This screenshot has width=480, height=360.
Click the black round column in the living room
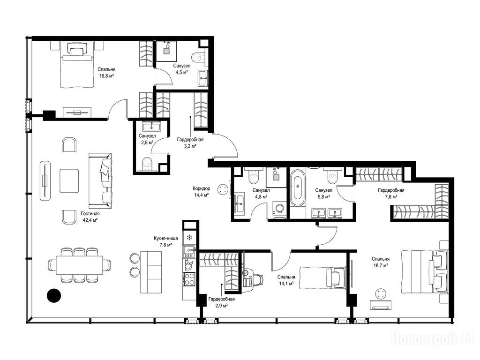coord(54,296)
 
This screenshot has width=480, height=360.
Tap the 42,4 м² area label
coord(90,220)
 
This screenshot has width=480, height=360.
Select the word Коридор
coord(202,188)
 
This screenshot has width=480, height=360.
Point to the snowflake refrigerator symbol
coord(189,237)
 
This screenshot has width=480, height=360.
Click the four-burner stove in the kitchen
coord(189,279)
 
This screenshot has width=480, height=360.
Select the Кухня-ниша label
coord(165,238)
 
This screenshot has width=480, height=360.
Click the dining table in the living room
coord(80,265)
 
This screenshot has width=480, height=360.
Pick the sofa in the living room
coord(100,180)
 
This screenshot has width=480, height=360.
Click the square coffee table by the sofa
coord(69,180)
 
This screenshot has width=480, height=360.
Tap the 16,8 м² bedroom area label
coord(106,75)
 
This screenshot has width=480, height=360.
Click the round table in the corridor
coord(223,189)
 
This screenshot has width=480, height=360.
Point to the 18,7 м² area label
coord(381,265)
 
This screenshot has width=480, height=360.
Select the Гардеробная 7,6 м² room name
coord(391,190)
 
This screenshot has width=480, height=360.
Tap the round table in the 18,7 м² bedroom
coord(381,294)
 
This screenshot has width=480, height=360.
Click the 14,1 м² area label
coord(286,284)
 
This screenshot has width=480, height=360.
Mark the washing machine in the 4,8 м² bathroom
coord(279,209)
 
